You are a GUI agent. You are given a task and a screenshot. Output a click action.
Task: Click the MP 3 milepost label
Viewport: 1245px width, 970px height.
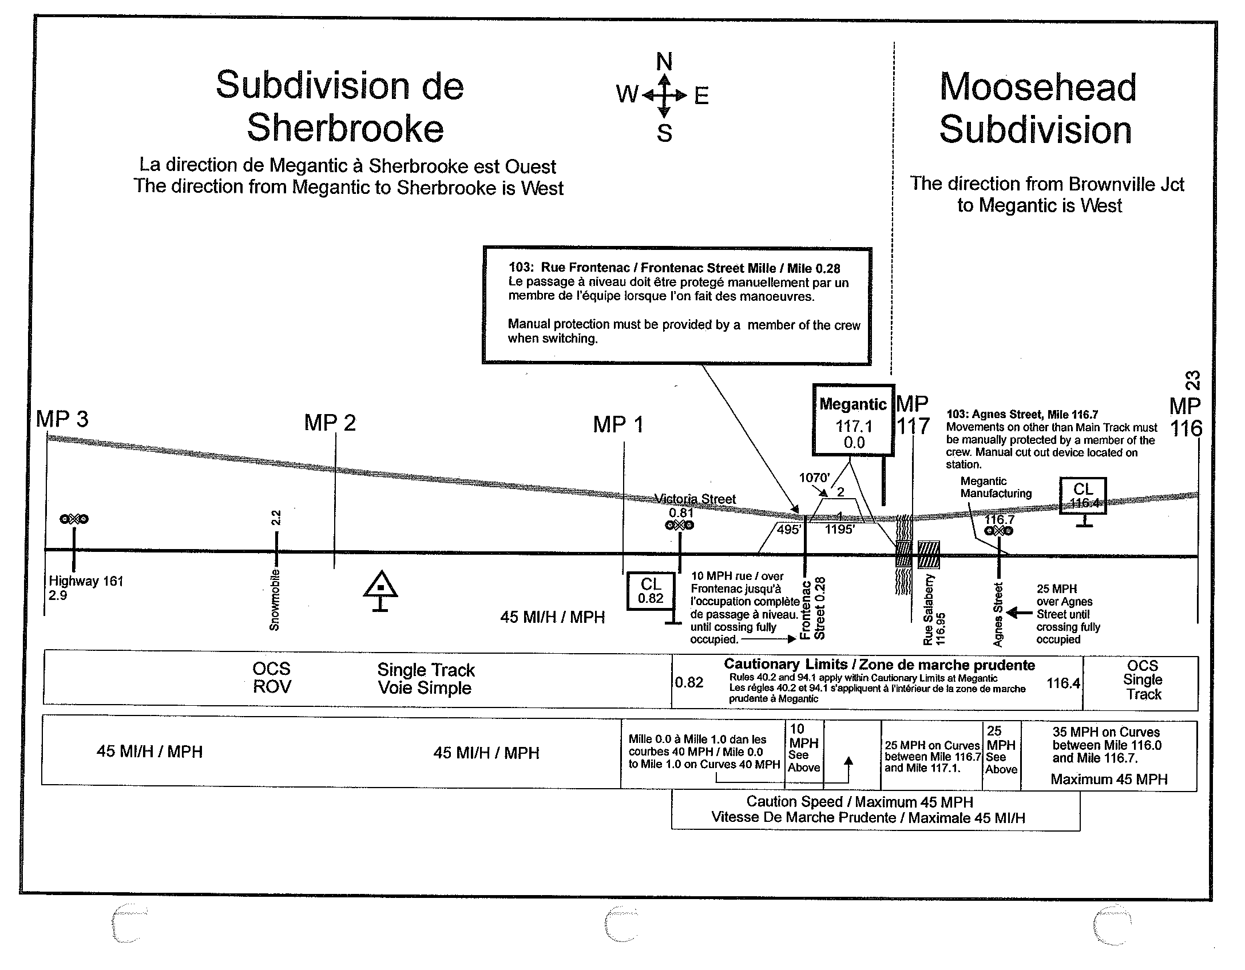pyautogui.click(x=62, y=419)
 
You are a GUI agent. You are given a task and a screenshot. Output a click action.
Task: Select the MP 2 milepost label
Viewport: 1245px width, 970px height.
pyautogui.click(x=330, y=423)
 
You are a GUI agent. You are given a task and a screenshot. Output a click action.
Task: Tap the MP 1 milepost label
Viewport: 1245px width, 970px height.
pyautogui.click(x=618, y=425)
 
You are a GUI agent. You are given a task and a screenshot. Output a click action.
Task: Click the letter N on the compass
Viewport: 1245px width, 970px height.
pyautogui.click(x=664, y=61)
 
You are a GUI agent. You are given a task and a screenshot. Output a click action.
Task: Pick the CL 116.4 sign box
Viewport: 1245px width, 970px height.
pyautogui.click(x=1083, y=495)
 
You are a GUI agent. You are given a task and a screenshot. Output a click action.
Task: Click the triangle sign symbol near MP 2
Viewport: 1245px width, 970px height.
pyautogui.click(x=380, y=585)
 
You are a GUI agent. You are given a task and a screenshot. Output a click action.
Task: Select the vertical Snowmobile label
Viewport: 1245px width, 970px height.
pyautogui.click(x=275, y=600)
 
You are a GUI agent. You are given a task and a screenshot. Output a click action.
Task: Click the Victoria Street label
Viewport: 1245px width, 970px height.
pyautogui.click(x=696, y=499)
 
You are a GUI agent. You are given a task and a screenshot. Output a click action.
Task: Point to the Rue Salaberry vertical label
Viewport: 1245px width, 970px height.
pyautogui.click(x=929, y=610)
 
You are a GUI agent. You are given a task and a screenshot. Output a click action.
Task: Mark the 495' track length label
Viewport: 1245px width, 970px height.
pyautogui.click(x=788, y=530)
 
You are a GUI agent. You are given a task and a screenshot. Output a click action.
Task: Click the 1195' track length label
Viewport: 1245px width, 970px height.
pyautogui.click(x=839, y=530)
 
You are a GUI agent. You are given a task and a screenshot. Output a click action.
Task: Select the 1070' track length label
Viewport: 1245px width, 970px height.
pyautogui.click(x=814, y=478)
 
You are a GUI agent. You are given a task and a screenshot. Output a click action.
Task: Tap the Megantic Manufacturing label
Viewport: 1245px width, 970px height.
pyautogui.click(x=996, y=487)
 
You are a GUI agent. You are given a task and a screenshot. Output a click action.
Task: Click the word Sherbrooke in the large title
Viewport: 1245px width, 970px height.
pyautogui.click(x=345, y=128)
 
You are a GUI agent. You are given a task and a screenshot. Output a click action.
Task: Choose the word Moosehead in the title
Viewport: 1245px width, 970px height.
pyautogui.click(x=1037, y=87)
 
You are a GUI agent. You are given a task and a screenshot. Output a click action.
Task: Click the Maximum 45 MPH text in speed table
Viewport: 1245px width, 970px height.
pyautogui.click(x=1109, y=779)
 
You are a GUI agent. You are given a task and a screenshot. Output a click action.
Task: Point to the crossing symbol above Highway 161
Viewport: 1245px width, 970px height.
pyautogui.click(x=74, y=519)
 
